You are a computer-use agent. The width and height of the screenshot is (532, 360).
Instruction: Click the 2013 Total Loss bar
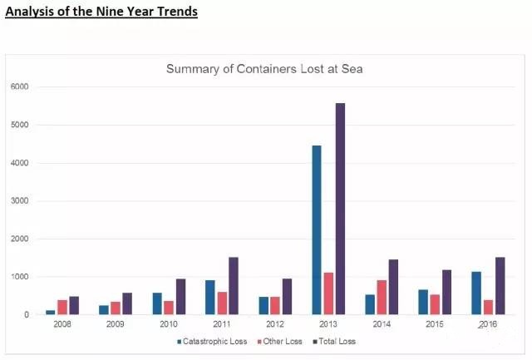[340, 209]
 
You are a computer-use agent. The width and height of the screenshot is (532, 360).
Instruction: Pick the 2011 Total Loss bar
[234, 286]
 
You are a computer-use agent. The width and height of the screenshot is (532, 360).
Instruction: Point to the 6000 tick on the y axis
[19, 86]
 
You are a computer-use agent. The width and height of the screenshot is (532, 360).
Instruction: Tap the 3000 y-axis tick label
[19, 201]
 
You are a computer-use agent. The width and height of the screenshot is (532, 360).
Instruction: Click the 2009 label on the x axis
[115, 323]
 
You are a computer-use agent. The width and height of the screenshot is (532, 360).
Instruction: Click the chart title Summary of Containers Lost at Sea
[264, 69]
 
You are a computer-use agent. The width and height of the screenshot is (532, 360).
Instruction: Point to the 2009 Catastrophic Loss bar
[104, 310]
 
